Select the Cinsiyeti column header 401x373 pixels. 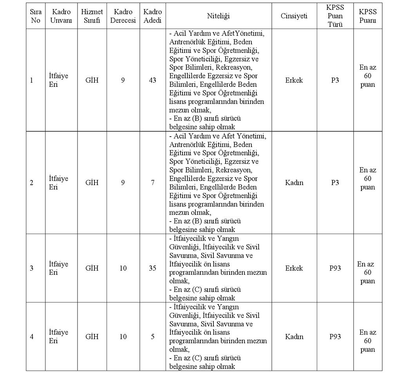coord(294,16)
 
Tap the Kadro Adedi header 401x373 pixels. coord(152,16)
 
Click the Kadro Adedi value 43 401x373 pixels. coord(152,80)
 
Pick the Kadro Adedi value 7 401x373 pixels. coord(152,182)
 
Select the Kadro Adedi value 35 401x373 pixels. coord(152,268)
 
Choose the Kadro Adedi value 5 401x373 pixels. coord(152,337)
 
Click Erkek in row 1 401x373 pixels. coord(294,80)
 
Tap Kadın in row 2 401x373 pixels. coord(294,182)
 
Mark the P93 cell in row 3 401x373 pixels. coord(335,268)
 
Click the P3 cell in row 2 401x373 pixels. coord(335,182)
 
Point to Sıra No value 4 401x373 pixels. coord(32,337)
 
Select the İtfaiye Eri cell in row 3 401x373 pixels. coord(58,268)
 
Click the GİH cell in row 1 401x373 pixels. coord(92,80)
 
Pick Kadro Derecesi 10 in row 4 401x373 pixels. coord(123,337)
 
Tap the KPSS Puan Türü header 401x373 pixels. coord(335,16)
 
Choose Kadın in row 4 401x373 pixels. coord(294,337)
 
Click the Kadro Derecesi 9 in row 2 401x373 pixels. coord(123,182)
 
